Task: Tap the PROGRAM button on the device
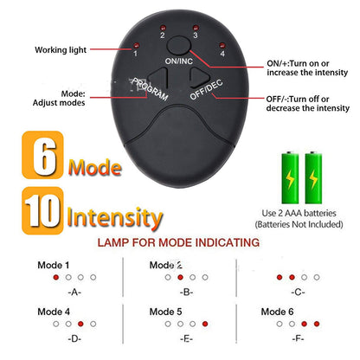tap(151, 87)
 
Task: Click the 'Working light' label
tap(61, 50)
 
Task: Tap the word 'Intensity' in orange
tap(113, 214)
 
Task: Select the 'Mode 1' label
tap(54, 265)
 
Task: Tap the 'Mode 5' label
tap(166, 311)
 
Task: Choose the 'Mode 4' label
tap(54, 311)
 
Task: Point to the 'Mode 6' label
tap(277, 311)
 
